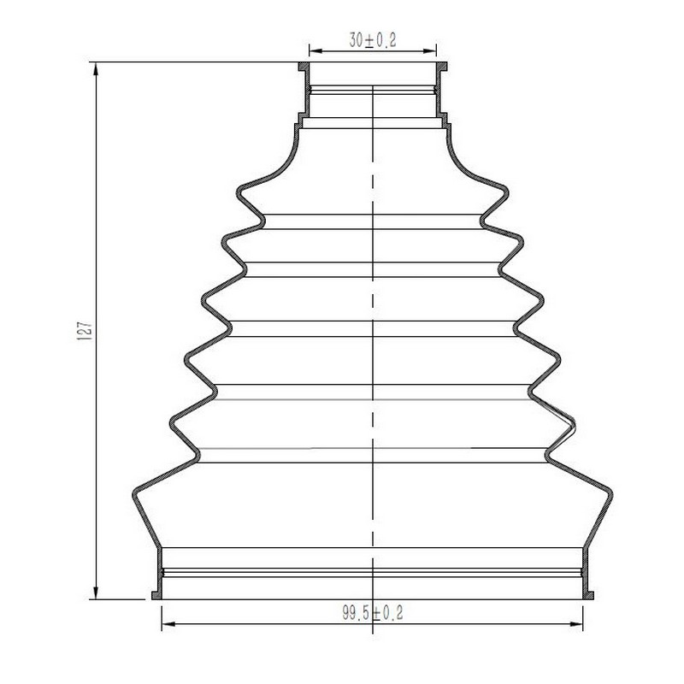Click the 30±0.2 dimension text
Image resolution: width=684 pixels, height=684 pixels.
click(373, 40)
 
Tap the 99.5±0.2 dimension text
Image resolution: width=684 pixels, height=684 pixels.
click(373, 612)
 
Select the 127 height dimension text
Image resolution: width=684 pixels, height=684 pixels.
click(84, 331)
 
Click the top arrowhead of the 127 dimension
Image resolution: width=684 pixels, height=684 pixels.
click(96, 68)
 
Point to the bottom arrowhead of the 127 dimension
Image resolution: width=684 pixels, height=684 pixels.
click(96, 593)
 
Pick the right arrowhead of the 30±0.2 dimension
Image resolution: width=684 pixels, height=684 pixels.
click(430, 51)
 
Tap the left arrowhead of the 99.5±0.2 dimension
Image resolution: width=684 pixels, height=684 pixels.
click(168, 624)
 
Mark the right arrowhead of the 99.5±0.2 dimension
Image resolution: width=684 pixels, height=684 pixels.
click(576, 624)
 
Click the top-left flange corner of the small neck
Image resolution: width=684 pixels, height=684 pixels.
click(299, 62)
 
